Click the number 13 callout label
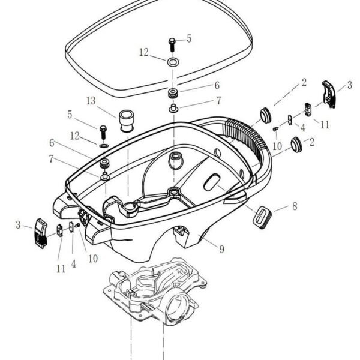pos(91,100)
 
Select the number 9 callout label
pos(221,248)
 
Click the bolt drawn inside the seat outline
pos(172,43)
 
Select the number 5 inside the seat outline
pos(189,38)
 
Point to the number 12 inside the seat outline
pos(144,53)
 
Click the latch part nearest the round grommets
pos(310,109)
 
